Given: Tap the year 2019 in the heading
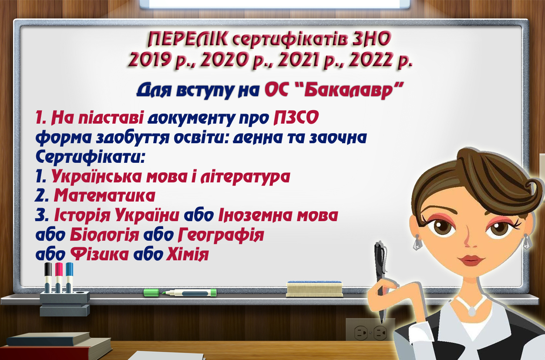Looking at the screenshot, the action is click(x=149, y=59).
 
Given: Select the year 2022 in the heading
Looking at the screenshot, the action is click(x=370, y=59).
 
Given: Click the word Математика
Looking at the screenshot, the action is click(x=104, y=195).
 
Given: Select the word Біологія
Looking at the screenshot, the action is click(x=104, y=235).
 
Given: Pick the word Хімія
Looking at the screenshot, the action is click(x=187, y=254).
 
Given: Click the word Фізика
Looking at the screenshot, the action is click(x=99, y=254).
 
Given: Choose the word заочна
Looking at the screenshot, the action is click(x=338, y=138).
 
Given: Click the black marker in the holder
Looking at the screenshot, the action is click(x=48, y=278).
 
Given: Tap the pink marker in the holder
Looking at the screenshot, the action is click(x=59, y=278).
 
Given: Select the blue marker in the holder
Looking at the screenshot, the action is click(x=69, y=278).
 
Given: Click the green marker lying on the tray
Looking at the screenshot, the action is click(x=180, y=293).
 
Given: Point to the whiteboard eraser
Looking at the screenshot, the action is click(x=314, y=289).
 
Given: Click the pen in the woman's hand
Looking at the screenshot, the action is click(x=380, y=280).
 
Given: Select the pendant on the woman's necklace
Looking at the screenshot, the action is click(x=472, y=311).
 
